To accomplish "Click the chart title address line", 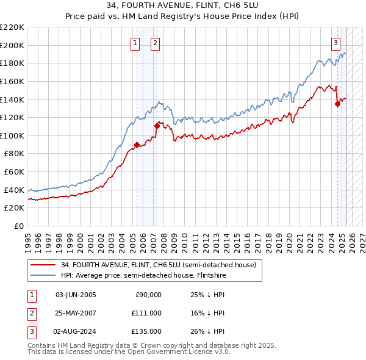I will pos(182,6).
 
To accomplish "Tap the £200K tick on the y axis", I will pos(13,45).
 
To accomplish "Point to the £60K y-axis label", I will pos(15,172).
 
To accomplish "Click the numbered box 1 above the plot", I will pos(134,43).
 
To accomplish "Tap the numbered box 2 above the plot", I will pos(156,43).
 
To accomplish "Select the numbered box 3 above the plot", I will pos(335,43).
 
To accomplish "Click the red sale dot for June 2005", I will pos(137,145).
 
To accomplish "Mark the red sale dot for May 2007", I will pos(157,126).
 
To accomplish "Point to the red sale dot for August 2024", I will pos(337,104).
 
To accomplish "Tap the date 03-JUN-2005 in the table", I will pos(76,295).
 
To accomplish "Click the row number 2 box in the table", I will pos(31,313).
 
